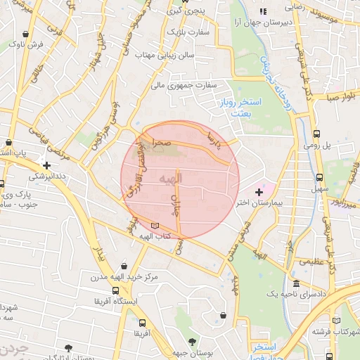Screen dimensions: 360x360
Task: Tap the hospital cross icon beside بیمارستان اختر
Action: (259, 191)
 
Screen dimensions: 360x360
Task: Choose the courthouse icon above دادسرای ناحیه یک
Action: (296, 283)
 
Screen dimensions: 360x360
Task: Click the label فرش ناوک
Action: (26, 44)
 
